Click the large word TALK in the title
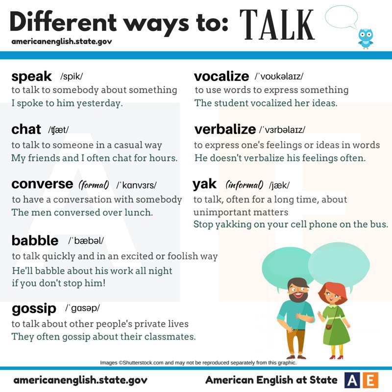click(x=277, y=24)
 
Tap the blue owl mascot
click(x=365, y=39)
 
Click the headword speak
click(x=31, y=76)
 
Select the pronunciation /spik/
click(x=72, y=76)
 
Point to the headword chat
click(x=26, y=129)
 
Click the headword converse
click(x=42, y=184)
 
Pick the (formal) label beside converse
click(x=94, y=185)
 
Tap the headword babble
click(x=35, y=240)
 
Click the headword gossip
click(x=34, y=309)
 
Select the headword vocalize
click(x=221, y=76)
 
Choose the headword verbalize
click(x=225, y=129)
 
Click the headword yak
click(x=204, y=184)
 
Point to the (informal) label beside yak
click(x=245, y=185)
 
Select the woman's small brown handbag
click(x=328, y=327)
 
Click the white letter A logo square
click(x=352, y=380)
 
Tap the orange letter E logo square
click(x=370, y=380)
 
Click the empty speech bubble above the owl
click(x=342, y=17)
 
